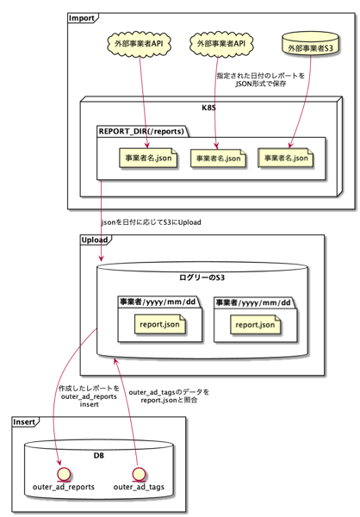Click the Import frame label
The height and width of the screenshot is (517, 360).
point(82,18)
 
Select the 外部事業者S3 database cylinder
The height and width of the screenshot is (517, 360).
point(311,44)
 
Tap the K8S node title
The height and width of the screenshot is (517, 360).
point(208,108)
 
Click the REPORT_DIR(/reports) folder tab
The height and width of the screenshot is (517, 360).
point(141,131)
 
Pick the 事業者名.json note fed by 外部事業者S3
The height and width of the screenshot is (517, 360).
point(286,159)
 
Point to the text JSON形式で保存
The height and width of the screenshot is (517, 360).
point(260,84)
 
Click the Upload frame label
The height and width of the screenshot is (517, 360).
point(95,240)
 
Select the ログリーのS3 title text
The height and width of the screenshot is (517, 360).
point(202,277)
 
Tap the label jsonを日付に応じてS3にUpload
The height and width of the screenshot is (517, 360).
point(151,222)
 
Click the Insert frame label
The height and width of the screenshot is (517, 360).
point(24,422)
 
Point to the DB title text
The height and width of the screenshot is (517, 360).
point(98,455)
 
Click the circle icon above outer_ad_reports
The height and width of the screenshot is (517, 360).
point(64,475)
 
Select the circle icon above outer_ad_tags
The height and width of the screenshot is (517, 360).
point(139,475)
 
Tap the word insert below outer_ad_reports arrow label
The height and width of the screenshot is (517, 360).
point(89,404)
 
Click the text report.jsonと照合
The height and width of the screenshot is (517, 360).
point(169,401)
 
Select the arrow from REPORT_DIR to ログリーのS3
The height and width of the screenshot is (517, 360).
point(102,221)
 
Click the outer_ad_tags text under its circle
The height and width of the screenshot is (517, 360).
point(139,487)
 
